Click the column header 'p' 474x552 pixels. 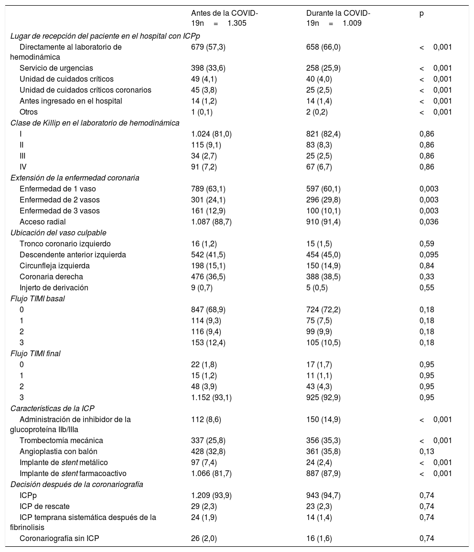click(x=421, y=14)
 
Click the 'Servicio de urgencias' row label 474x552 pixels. click(x=56, y=68)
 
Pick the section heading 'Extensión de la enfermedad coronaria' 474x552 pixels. click(x=75, y=178)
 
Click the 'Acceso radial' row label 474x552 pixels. click(x=43, y=222)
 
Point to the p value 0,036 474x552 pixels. click(x=429, y=222)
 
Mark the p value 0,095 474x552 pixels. click(x=429, y=255)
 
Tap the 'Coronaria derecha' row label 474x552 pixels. click(x=51, y=276)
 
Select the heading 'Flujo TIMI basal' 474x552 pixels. click(x=37, y=298)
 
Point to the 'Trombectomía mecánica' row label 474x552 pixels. click(x=61, y=440)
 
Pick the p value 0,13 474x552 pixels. click(x=427, y=451)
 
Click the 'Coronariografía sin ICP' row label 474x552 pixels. click(x=59, y=539)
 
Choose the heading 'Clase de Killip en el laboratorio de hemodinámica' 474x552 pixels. click(x=95, y=123)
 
